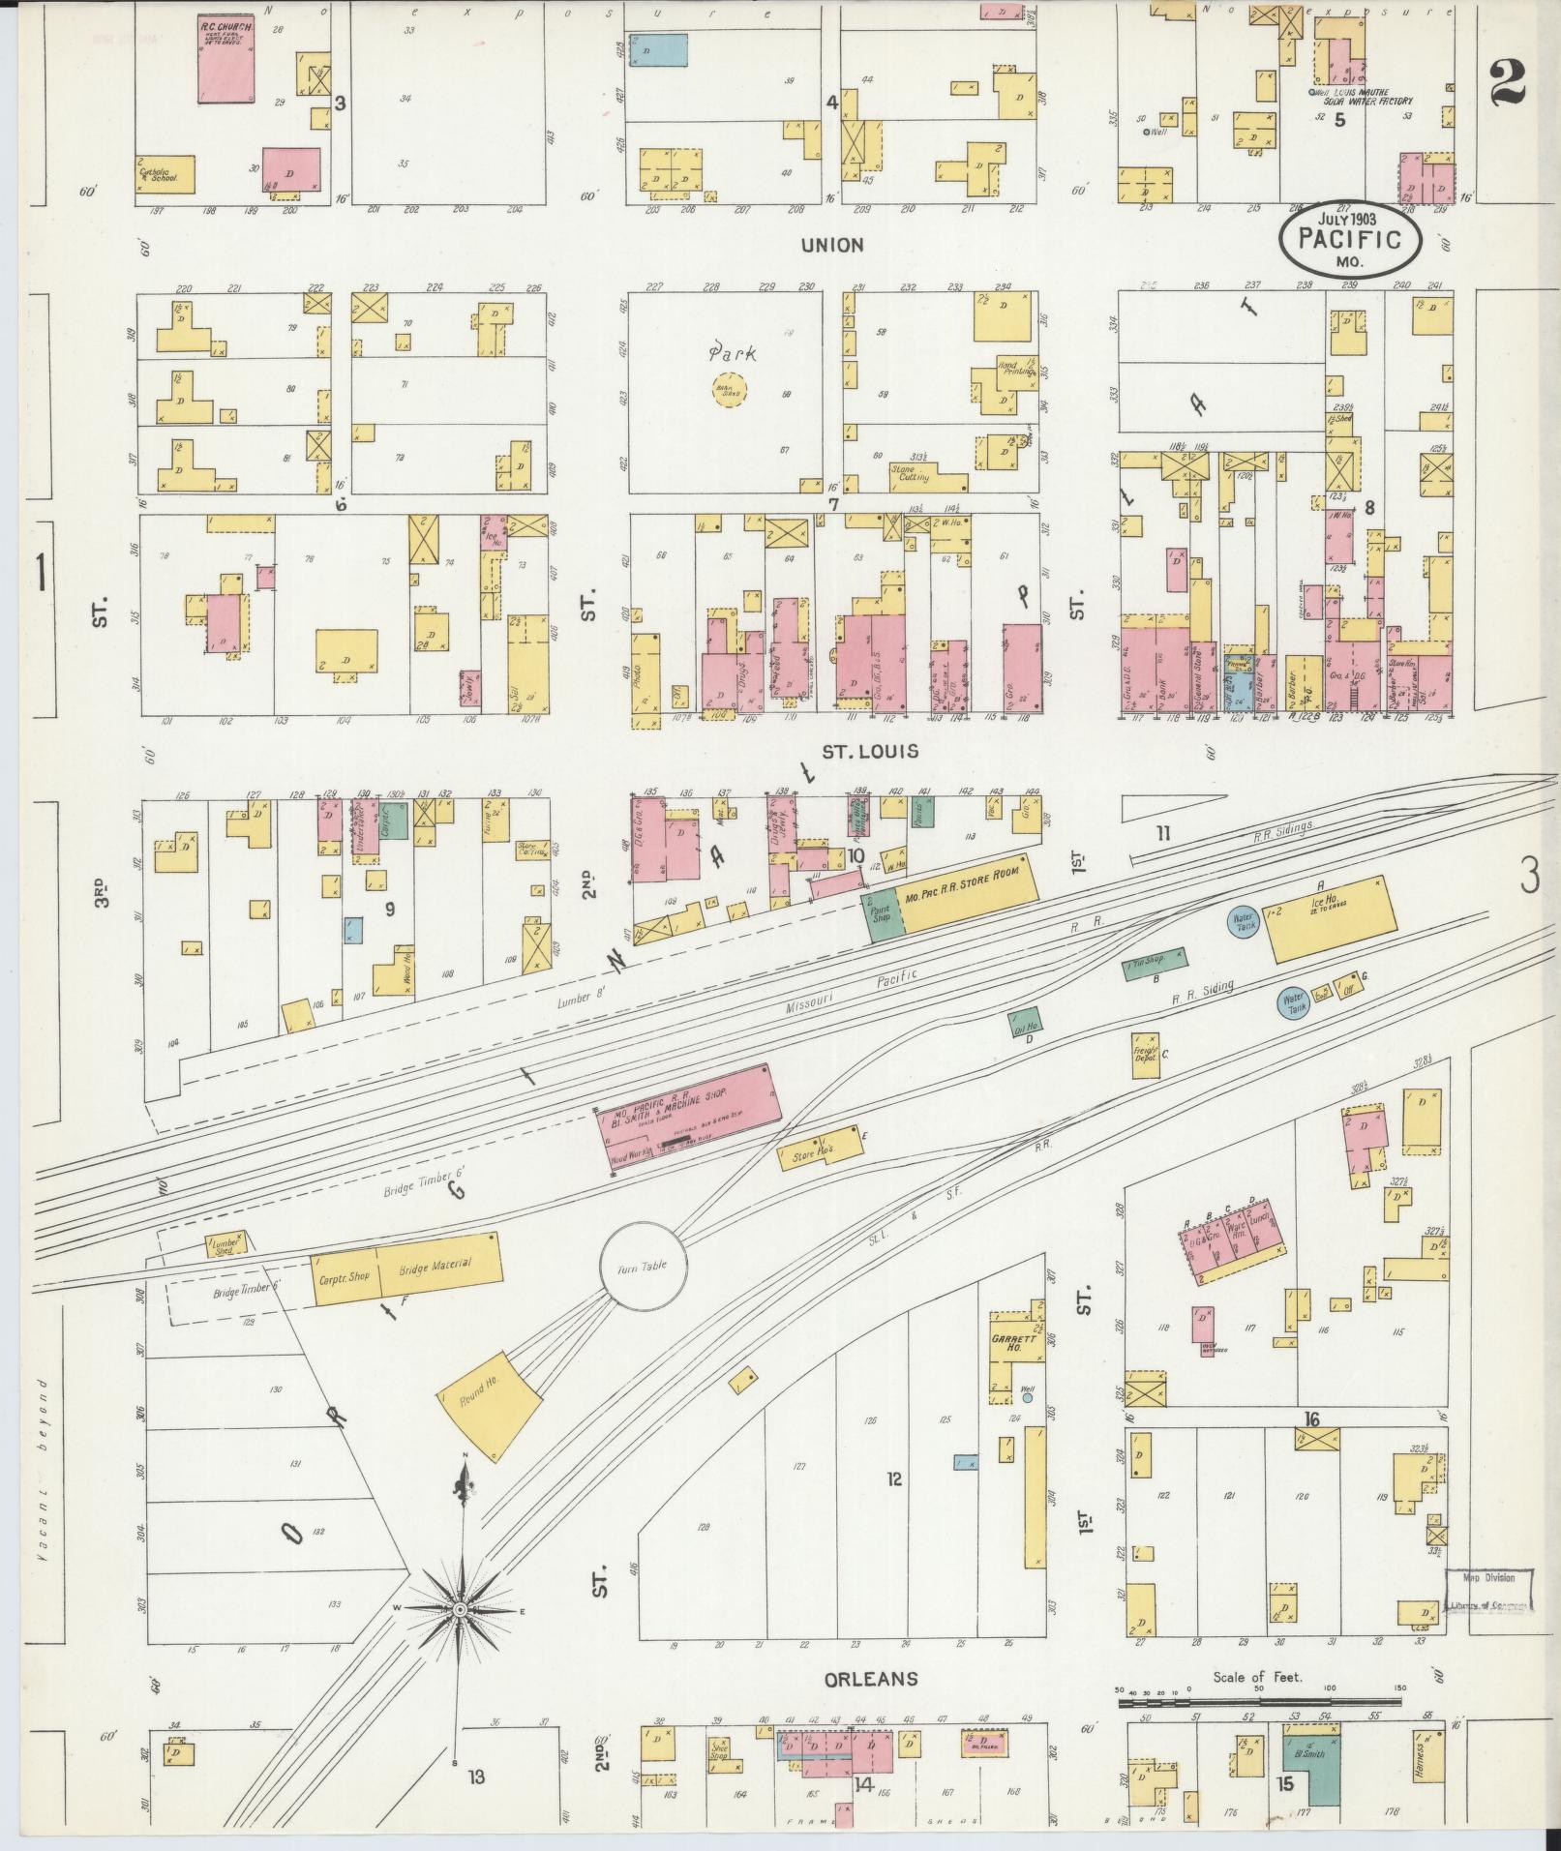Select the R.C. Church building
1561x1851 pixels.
pyautogui.click(x=226, y=59)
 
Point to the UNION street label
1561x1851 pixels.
pyautogui.click(x=831, y=245)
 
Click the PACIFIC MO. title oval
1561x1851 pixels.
pyautogui.click(x=1352, y=238)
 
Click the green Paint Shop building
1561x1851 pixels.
pyautogui.click(x=882, y=912)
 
